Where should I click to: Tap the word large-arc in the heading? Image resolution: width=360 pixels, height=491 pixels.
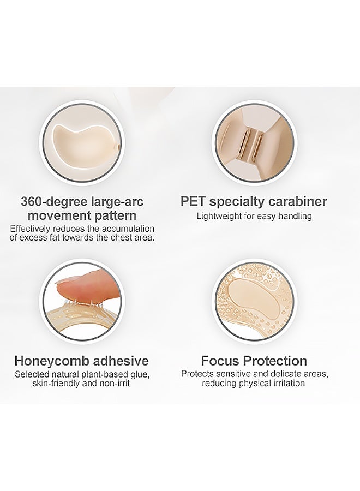click(x=117, y=202)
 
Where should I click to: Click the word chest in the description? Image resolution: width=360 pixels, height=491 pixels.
click(x=118, y=237)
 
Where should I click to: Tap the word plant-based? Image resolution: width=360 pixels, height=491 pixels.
click(x=100, y=374)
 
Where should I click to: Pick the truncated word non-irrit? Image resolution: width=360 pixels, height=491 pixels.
click(x=114, y=384)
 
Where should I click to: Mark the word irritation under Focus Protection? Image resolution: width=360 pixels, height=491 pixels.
click(x=289, y=384)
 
